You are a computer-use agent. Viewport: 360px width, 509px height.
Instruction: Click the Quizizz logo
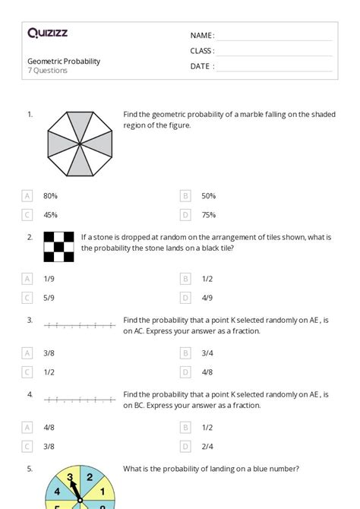point(47,33)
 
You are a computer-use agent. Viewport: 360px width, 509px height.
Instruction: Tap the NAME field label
point(202,36)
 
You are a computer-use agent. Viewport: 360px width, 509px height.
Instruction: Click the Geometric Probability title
point(64,61)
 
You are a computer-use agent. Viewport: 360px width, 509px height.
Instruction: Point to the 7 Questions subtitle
point(48,71)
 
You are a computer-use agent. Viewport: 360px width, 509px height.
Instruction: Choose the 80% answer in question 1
point(51,195)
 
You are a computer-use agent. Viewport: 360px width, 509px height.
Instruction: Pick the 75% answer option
point(209,215)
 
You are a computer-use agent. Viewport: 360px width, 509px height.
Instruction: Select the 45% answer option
point(51,215)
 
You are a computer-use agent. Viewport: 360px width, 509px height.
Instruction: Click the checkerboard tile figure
point(58,247)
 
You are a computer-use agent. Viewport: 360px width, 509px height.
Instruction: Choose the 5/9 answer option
point(49,298)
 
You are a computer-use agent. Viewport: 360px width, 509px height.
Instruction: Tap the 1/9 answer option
point(49,279)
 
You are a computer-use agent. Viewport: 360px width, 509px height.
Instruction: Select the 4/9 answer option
point(207,298)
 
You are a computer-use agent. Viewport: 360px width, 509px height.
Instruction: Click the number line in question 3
point(80,326)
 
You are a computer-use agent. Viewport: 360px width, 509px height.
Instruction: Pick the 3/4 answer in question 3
point(207,353)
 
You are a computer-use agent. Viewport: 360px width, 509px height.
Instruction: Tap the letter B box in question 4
point(185,427)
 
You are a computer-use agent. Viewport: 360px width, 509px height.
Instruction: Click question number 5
point(30,469)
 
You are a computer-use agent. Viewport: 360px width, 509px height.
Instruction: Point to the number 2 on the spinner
point(90,478)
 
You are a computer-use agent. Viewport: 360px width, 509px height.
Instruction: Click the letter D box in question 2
point(185,298)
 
